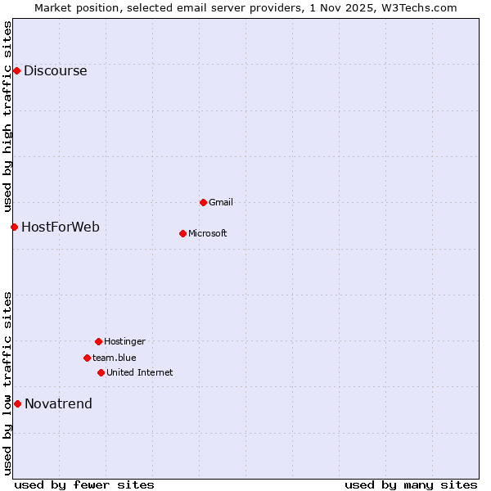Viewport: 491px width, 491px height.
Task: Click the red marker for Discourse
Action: [x=16, y=71]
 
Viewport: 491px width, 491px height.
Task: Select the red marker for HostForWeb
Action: [x=14, y=227]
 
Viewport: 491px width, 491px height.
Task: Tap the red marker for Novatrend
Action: [x=17, y=403]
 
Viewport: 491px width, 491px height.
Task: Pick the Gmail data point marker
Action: [x=203, y=202]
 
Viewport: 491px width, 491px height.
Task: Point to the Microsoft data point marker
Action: [x=182, y=233]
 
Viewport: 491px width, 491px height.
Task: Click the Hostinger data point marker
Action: [x=98, y=341]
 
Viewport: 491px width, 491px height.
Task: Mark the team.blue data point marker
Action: [x=87, y=358]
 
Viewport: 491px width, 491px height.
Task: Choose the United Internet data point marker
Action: [x=101, y=372]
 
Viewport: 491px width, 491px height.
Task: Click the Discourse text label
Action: [x=56, y=71]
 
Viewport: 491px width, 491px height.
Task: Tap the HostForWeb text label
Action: [x=61, y=227]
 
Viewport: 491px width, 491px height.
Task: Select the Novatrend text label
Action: [x=58, y=403]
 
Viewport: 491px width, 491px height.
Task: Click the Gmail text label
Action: [x=221, y=202]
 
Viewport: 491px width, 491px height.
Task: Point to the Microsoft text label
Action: [x=208, y=233]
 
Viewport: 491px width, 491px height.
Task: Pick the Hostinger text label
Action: [x=124, y=341]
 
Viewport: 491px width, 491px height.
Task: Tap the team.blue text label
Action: [x=115, y=358]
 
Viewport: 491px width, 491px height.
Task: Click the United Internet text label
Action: [x=140, y=372]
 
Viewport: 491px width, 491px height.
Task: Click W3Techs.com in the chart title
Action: [x=416, y=7]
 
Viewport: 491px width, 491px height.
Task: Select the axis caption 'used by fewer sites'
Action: [x=84, y=484]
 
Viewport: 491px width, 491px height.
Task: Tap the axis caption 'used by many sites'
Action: [x=411, y=484]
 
